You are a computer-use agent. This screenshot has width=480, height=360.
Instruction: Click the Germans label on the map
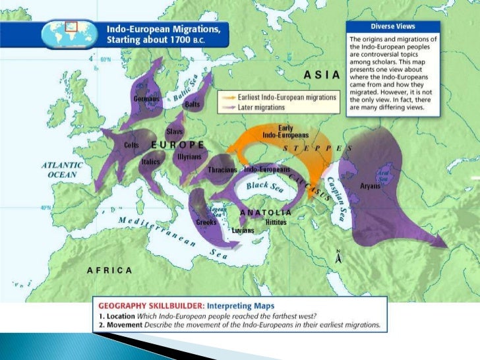146,99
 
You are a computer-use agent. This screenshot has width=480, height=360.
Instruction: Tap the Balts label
193,104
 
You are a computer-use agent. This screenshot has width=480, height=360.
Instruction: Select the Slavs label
175,131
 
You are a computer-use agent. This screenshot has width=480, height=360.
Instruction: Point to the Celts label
131,144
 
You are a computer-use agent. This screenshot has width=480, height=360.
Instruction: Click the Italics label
152,161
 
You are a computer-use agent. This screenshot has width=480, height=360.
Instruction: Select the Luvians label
243,230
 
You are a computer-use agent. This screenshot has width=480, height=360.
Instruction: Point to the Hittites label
276,222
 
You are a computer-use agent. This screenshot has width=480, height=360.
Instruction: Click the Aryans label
370,186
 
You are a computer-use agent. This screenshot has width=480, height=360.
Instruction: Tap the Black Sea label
264,186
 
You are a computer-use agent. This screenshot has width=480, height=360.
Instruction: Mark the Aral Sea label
382,173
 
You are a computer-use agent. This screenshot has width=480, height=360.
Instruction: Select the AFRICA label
109,270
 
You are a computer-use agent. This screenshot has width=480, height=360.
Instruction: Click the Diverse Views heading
392,27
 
